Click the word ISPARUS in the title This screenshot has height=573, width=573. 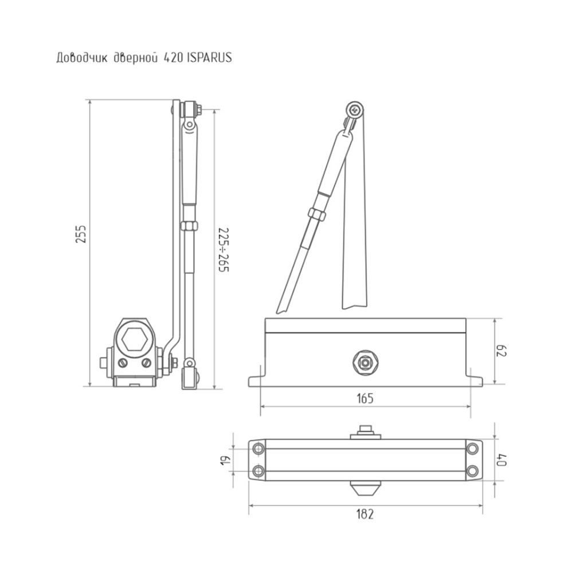tap(209, 58)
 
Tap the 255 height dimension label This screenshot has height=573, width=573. tap(81, 234)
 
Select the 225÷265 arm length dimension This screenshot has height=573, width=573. tap(223, 250)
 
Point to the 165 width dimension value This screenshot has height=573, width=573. tap(365, 398)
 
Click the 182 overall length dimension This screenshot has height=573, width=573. tap(365, 514)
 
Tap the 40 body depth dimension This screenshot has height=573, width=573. tap(502, 460)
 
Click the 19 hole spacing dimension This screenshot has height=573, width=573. tap(225, 460)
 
